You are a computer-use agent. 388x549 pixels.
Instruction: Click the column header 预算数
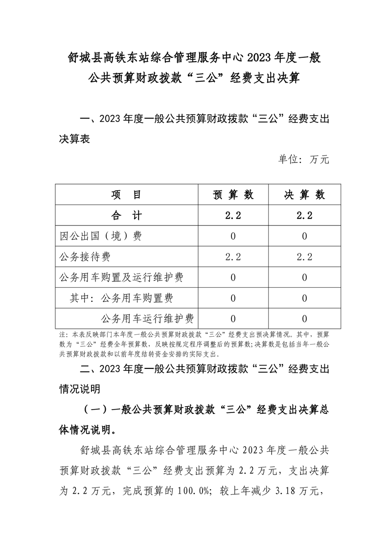233,195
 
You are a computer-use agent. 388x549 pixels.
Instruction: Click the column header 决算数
305,195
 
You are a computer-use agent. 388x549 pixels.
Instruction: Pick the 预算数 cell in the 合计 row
233,216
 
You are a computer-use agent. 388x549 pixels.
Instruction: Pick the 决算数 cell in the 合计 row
305,216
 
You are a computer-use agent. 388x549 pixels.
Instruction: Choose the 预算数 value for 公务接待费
233,257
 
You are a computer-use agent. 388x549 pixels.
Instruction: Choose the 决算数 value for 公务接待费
305,257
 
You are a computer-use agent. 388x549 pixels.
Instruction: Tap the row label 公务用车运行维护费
147,319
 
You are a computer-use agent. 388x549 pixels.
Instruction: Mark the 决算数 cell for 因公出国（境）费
305,236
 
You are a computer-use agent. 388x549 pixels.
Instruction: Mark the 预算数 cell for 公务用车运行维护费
233,319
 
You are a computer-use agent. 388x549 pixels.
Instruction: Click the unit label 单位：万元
304,159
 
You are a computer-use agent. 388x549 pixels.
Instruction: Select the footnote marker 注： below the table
63,336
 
